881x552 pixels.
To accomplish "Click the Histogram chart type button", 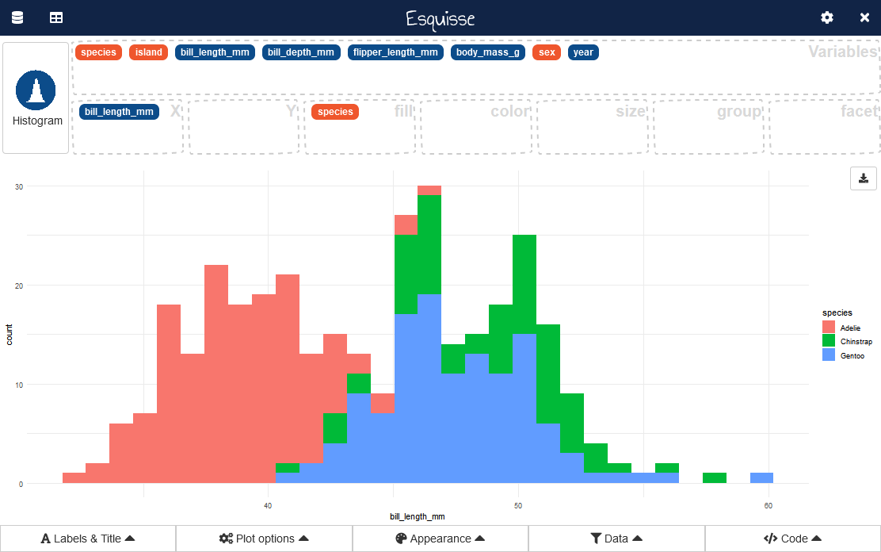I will [x=36, y=98].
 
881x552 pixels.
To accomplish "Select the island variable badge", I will [x=148, y=52].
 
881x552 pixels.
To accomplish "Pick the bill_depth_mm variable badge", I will [x=301, y=52].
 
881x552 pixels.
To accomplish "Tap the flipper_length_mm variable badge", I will [x=395, y=52].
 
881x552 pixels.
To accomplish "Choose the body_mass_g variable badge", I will [x=488, y=52].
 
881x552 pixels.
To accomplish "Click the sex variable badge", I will [x=547, y=52].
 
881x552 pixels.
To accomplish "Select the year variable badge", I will [x=583, y=52].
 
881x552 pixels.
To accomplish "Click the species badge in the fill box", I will [x=335, y=112].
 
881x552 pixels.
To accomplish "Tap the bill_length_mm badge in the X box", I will [x=119, y=112].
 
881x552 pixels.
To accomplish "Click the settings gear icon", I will [x=827, y=17].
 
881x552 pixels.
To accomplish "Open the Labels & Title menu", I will [x=88, y=539].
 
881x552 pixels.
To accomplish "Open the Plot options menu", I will [x=264, y=539].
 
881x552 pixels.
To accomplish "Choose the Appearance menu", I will [x=440, y=539].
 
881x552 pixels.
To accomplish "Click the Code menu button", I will [x=792, y=539].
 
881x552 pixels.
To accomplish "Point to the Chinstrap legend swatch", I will [x=829, y=341].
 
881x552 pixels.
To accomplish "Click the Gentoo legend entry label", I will [x=852, y=356].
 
